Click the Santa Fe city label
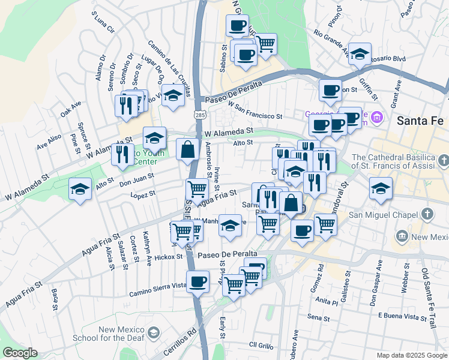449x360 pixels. (x=420, y=120)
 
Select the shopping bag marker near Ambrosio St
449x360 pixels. (x=188, y=150)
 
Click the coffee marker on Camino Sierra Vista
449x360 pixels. (x=197, y=281)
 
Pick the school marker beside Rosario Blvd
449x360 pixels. (x=360, y=55)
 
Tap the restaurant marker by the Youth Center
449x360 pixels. (x=122, y=155)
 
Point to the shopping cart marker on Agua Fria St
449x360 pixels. (x=197, y=190)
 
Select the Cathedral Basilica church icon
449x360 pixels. (x=443, y=161)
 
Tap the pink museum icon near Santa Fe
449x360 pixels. (x=377, y=116)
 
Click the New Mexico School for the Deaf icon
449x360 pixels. (x=154, y=332)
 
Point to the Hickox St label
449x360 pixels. (x=167, y=257)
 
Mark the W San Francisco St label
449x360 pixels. (x=255, y=112)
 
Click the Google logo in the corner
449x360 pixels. (x=20, y=353)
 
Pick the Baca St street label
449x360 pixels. (x=55, y=300)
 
